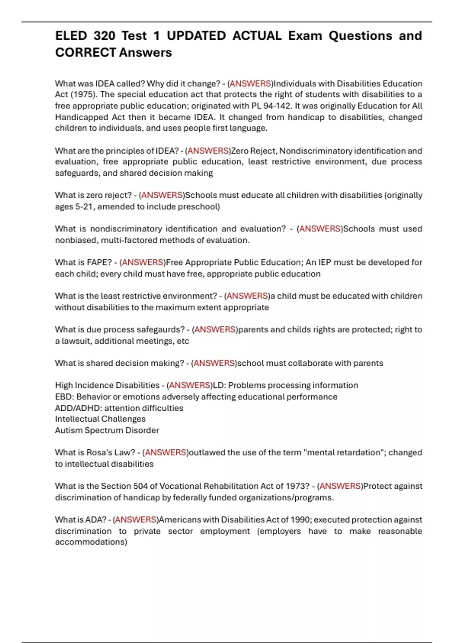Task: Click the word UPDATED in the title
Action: tap(196, 36)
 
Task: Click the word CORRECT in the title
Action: tap(85, 52)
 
